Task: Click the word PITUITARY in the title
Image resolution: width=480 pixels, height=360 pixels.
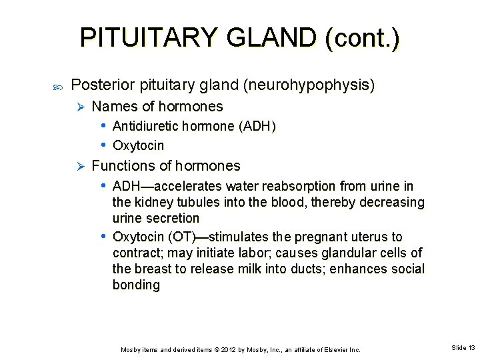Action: [149, 38]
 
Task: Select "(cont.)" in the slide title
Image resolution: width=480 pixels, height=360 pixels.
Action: [363, 39]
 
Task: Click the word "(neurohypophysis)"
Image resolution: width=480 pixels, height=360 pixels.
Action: [309, 85]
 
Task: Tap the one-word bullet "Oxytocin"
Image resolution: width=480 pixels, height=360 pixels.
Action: [139, 145]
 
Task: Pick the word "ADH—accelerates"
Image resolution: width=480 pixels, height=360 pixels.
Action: [167, 186]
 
